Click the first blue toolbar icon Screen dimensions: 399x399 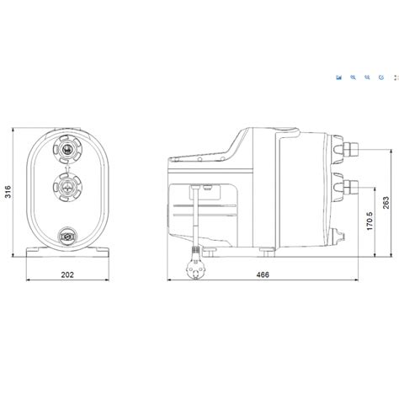coord(338,77)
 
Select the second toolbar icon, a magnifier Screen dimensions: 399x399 coord(354,77)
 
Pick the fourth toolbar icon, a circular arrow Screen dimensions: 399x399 coord(380,77)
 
